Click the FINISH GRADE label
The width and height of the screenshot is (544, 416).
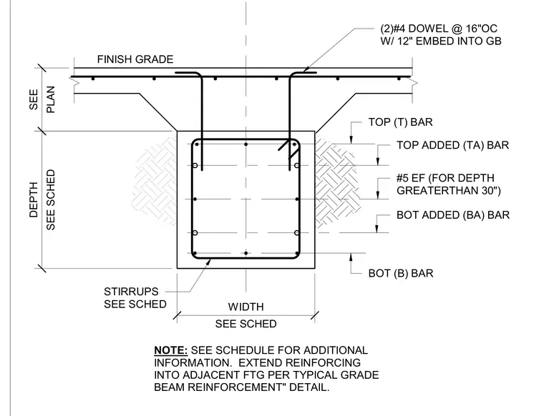coord(135,59)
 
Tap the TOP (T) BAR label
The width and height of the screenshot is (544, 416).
coord(400,122)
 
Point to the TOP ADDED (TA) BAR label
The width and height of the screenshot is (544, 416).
coord(453,145)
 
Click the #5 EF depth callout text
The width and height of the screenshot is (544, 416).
coord(449,184)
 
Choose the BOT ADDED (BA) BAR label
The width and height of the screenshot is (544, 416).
coord(453,215)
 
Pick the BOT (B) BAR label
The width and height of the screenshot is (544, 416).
coord(401,273)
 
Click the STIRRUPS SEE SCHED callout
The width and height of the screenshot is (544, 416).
coord(135,297)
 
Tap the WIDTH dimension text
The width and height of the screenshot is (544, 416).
coord(246,307)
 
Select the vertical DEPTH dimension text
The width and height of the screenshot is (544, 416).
coord(34,199)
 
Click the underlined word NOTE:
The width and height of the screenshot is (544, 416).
coord(170,350)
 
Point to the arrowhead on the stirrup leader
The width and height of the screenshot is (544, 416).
coord(208,261)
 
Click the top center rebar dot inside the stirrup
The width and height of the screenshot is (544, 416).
coord(246,144)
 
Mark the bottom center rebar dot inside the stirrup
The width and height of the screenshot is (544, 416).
coord(246,253)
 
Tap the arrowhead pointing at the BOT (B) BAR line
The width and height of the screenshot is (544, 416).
coord(351,257)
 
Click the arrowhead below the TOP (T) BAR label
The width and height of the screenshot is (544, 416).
coord(351,140)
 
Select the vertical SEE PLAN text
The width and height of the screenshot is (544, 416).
coord(42,99)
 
